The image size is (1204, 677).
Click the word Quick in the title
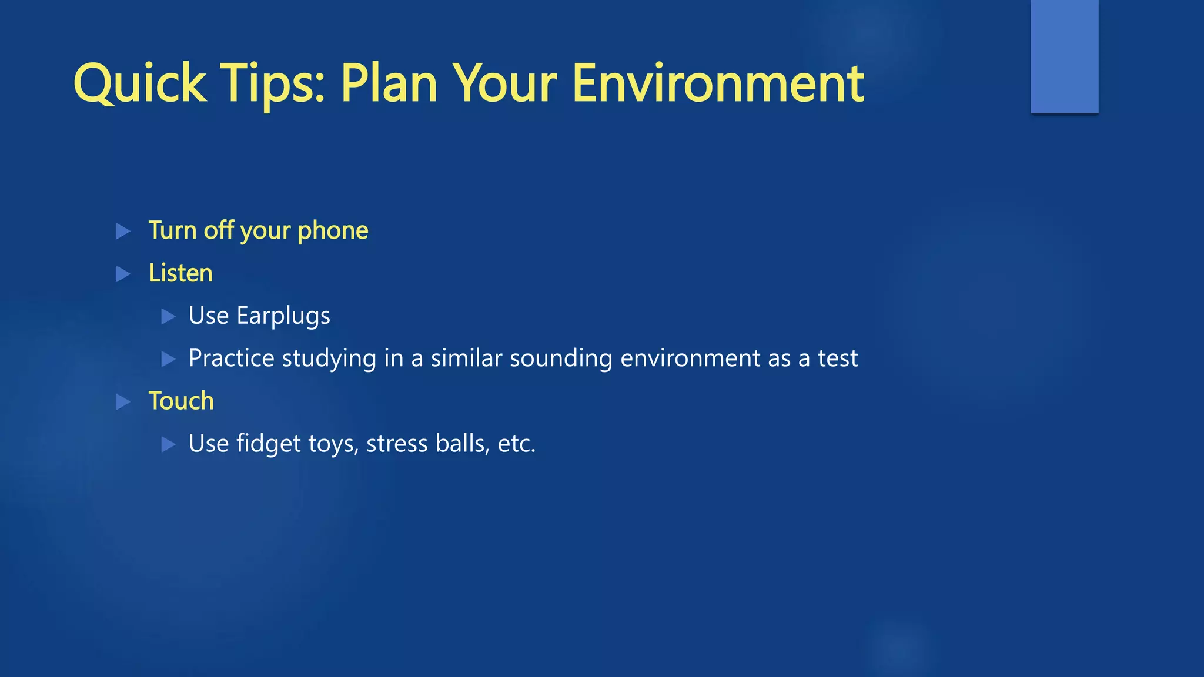point(139,83)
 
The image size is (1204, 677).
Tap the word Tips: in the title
point(272,83)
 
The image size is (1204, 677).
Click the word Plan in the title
point(389,83)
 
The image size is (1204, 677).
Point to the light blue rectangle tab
point(1064,56)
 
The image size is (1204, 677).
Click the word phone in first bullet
point(333,230)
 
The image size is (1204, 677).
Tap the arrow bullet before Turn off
point(123,231)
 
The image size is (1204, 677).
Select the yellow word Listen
point(180,273)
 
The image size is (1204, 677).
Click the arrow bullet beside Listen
point(123,274)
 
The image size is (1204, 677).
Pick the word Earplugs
point(283,316)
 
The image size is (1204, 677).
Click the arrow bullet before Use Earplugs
point(169,317)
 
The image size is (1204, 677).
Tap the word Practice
point(231,358)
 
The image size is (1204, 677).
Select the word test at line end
point(838,358)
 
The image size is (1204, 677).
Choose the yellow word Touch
point(181,401)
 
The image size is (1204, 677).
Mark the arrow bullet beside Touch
point(123,402)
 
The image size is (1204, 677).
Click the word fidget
point(269,444)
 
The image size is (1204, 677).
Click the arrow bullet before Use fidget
point(169,444)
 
